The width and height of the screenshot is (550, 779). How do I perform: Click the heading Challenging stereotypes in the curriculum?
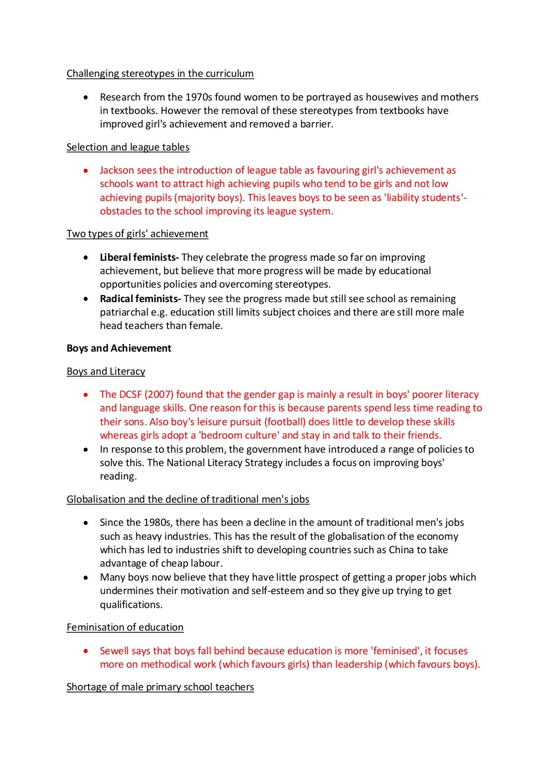coord(160,74)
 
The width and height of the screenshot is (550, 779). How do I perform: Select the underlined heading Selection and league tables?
coord(128,147)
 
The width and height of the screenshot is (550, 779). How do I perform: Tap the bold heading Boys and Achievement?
coord(119,348)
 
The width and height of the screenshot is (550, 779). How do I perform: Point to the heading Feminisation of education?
coord(125,627)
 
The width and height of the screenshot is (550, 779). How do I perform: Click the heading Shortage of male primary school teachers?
coord(160,687)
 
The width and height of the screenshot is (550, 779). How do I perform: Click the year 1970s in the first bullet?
coord(199,97)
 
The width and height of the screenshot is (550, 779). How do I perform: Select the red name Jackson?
coord(117,170)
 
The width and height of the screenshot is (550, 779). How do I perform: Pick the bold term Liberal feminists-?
coord(139,258)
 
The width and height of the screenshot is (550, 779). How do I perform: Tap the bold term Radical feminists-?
coord(140,299)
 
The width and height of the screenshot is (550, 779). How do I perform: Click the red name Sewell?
coord(114,651)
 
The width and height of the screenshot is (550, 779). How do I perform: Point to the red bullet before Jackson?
coord(85,170)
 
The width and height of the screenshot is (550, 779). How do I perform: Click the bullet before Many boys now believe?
coord(85,577)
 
